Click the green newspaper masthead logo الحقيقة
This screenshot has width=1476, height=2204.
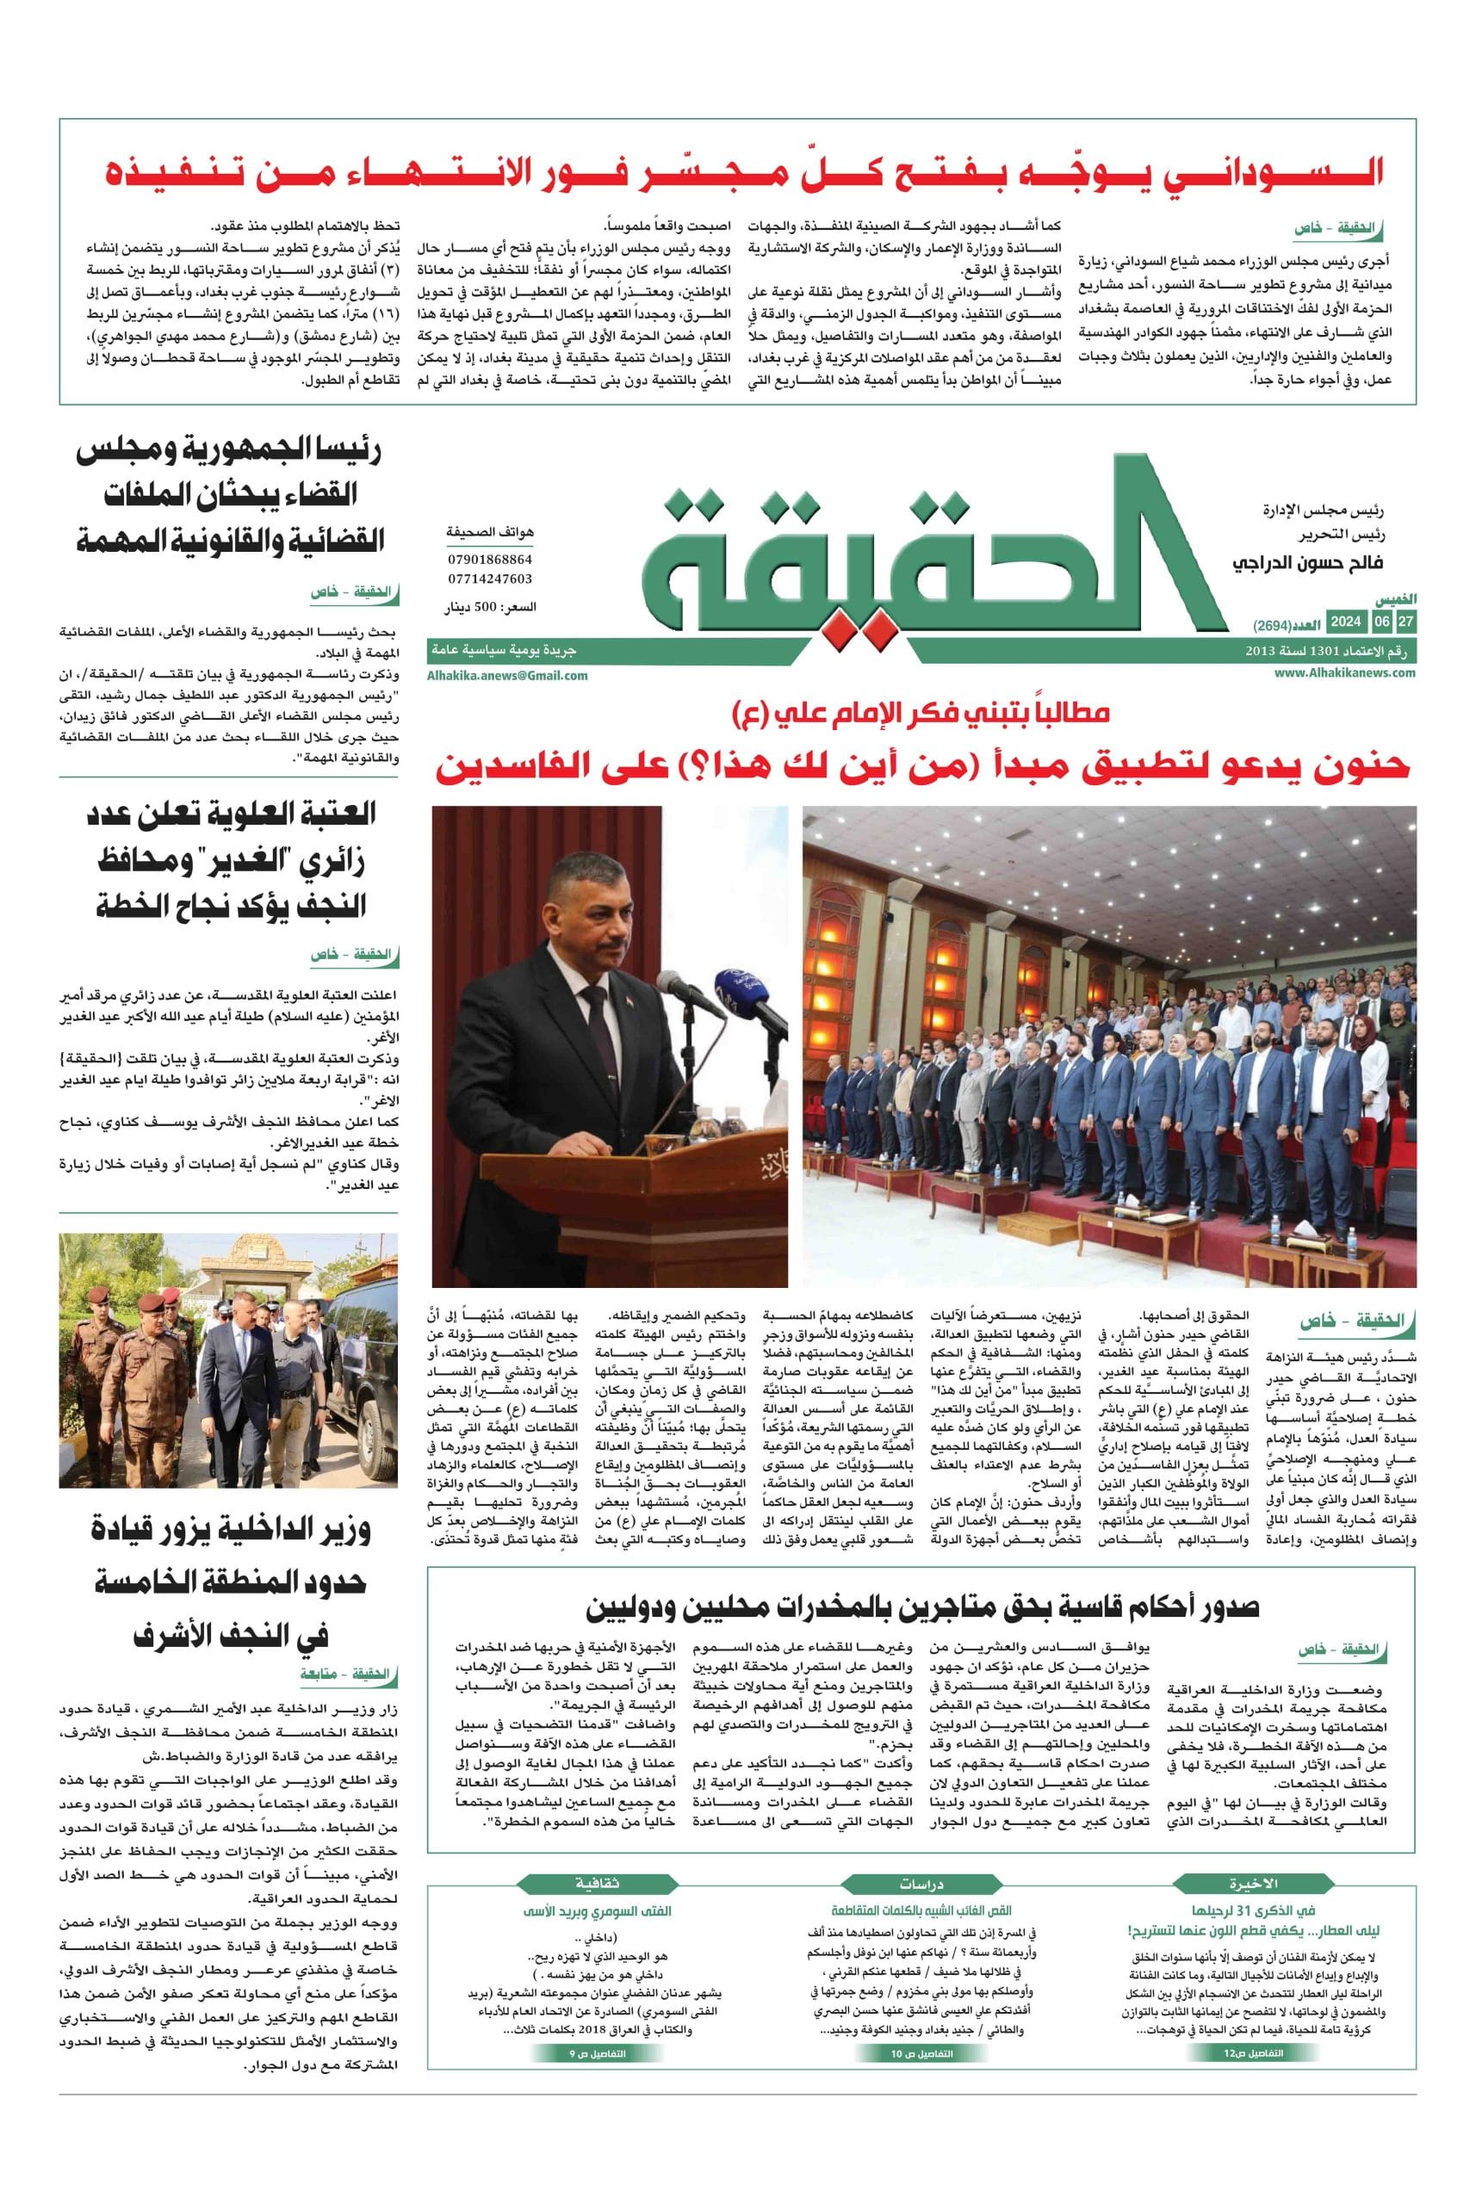932,565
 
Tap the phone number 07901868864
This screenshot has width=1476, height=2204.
489,560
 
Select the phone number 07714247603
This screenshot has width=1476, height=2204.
489,579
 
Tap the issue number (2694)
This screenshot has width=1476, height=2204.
1273,625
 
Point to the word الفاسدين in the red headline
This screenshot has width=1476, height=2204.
513,767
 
